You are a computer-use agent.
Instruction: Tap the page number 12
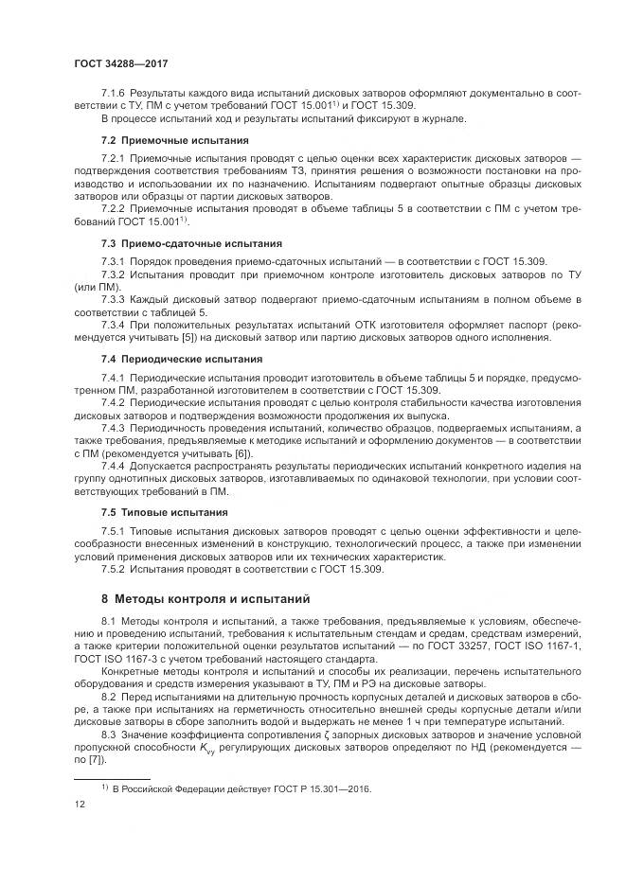click(80, 803)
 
